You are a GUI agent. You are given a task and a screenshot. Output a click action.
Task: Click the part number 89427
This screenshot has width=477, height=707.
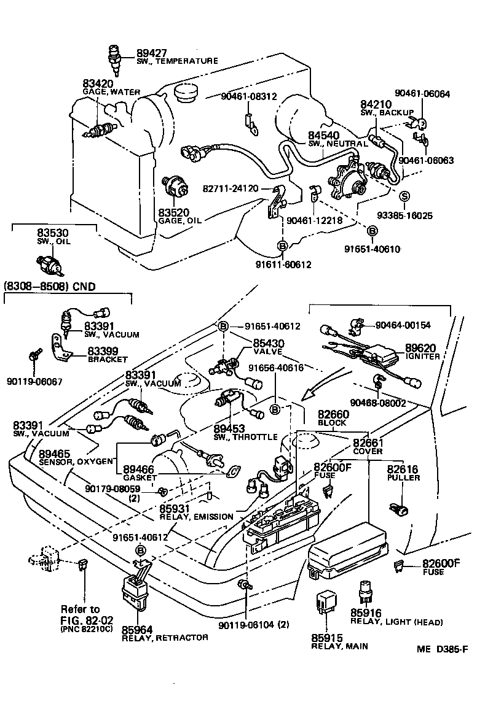tap(151, 53)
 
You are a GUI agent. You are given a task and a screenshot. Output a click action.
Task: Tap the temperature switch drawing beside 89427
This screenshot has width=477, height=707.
tap(114, 55)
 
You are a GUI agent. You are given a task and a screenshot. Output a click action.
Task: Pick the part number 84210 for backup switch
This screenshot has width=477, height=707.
tap(375, 106)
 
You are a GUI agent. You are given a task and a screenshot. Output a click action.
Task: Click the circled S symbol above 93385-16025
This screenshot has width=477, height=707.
tap(405, 196)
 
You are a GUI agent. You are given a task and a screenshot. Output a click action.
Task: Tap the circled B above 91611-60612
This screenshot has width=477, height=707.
tap(283, 246)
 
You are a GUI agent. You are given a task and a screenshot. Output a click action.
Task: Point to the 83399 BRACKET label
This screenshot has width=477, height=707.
tap(106, 355)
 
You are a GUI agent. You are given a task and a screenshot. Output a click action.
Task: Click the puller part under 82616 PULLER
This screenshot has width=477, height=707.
tap(396, 508)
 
